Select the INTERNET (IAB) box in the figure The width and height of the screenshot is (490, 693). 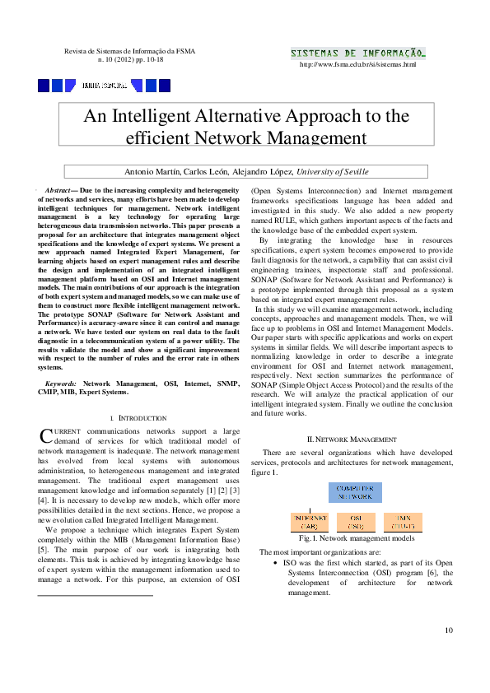(x=311, y=522)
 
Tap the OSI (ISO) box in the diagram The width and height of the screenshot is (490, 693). (x=356, y=522)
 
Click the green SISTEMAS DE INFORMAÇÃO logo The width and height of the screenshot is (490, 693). (x=357, y=53)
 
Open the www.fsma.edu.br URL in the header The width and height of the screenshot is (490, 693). (x=358, y=64)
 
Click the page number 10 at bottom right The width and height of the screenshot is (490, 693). (x=449, y=630)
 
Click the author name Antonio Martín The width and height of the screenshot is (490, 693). (x=152, y=172)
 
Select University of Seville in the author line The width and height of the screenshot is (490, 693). (x=333, y=172)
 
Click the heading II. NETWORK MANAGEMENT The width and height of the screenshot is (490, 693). (x=351, y=440)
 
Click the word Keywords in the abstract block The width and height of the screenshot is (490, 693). (x=62, y=384)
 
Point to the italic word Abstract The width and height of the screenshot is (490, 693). (x=60, y=190)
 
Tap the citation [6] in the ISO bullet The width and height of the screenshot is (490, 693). (x=430, y=572)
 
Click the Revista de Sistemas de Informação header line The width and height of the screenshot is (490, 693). (x=130, y=52)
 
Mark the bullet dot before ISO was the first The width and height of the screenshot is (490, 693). (x=274, y=562)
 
